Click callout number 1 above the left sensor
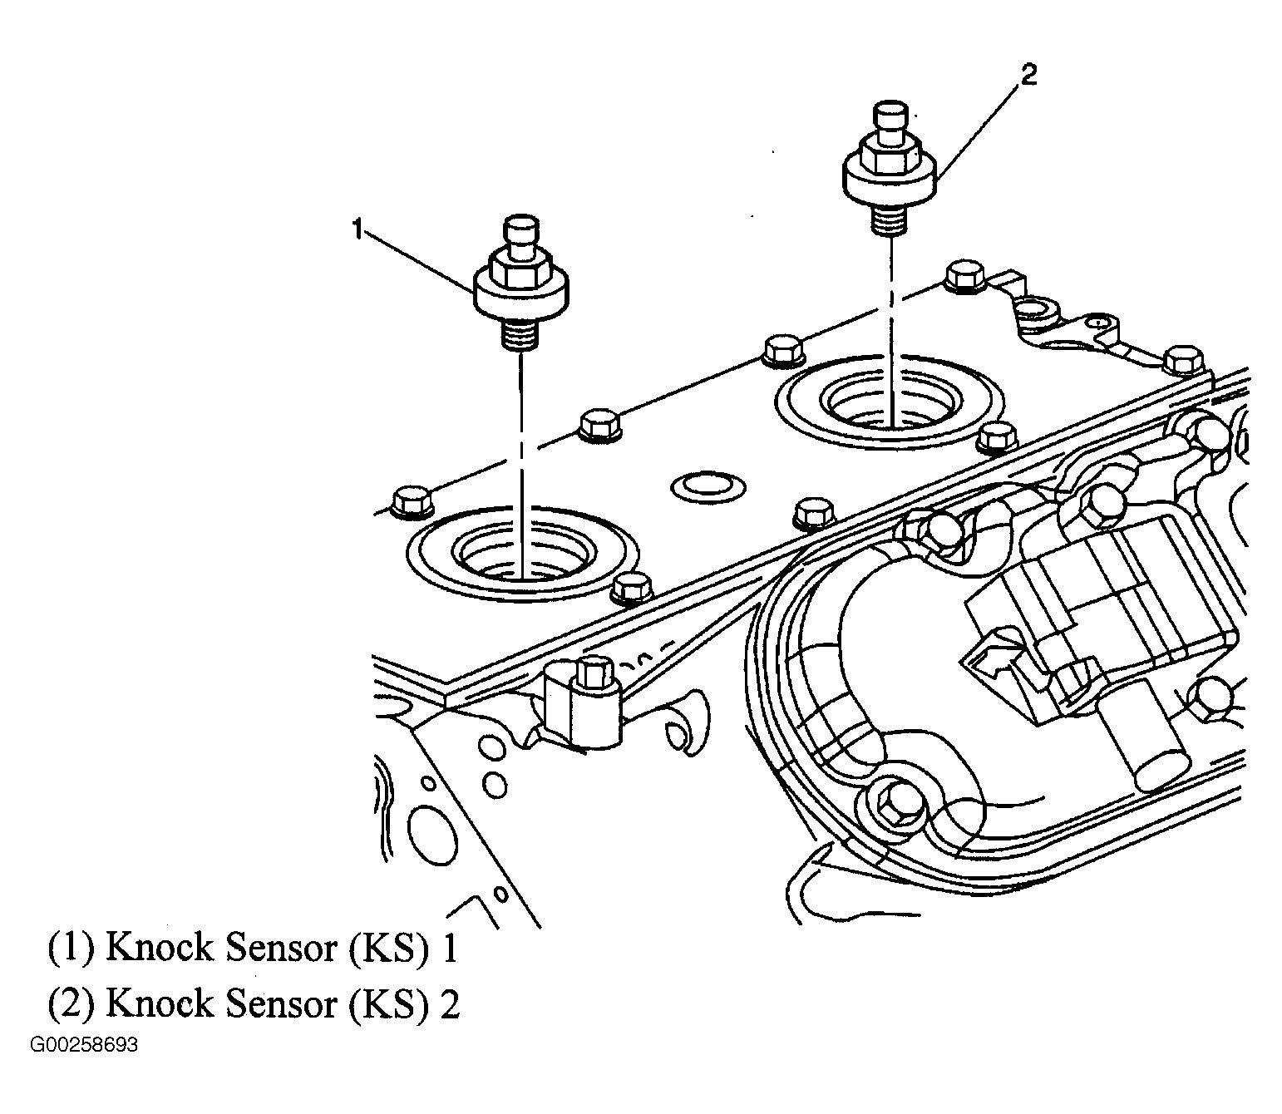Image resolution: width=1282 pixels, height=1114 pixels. pos(358,228)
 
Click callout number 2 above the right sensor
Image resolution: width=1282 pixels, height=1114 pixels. pos(1028,76)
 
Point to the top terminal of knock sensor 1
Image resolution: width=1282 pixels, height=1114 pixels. pos(521,233)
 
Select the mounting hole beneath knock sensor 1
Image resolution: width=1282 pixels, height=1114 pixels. pos(523,554)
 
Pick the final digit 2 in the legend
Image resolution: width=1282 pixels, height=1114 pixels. pos(450,1004)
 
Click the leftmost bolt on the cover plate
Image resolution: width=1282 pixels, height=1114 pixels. pos(409,501)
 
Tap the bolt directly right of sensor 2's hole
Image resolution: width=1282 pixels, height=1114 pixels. pos(995,437)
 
